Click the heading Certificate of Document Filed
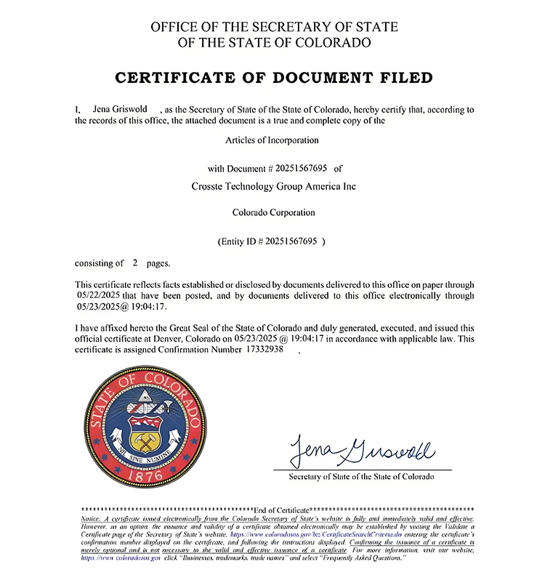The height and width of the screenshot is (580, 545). tap(274, 78)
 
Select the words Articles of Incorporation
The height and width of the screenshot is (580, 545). tap(274, 140)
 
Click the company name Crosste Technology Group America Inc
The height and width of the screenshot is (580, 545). tap(274, 186)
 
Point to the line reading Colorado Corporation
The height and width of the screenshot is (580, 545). tap(274, 213)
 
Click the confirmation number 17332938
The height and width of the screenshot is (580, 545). tap(265, 350)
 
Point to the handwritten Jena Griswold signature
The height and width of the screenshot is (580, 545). tap(361, 451)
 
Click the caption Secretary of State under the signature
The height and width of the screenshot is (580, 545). tap(361, 477)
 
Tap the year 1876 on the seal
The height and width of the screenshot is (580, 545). tap(142, 473)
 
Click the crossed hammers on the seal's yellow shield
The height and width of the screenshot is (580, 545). tap(142, 440)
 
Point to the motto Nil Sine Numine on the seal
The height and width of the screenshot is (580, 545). tap(142, 456)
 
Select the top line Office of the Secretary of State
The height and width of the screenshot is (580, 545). tap(274, 27)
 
